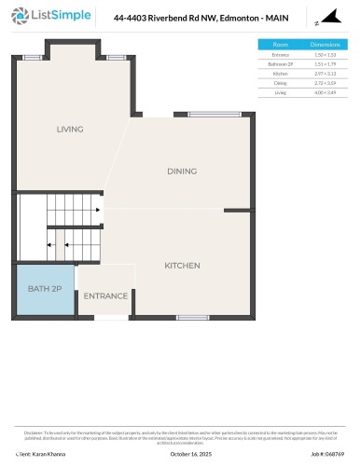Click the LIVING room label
(x=70, y=130)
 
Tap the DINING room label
(x=182, y=171)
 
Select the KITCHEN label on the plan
(x=182, y=266)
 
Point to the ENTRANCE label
(x=105, y=296)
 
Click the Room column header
(x=280, y=44)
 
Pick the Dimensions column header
(x=325, y=44)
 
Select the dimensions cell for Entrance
(x=325, y=53)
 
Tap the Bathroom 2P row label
(x=280, y=62)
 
